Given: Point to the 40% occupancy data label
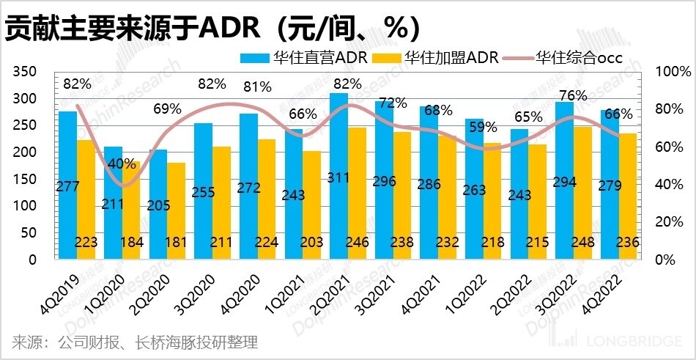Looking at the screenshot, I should click(123, 163).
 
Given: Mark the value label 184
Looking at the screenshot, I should click(132, 243).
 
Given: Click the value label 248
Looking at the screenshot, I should click(583, 243).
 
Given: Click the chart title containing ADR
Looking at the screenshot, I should click(212, 27).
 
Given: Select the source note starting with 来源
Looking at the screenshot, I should click(135, 342).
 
